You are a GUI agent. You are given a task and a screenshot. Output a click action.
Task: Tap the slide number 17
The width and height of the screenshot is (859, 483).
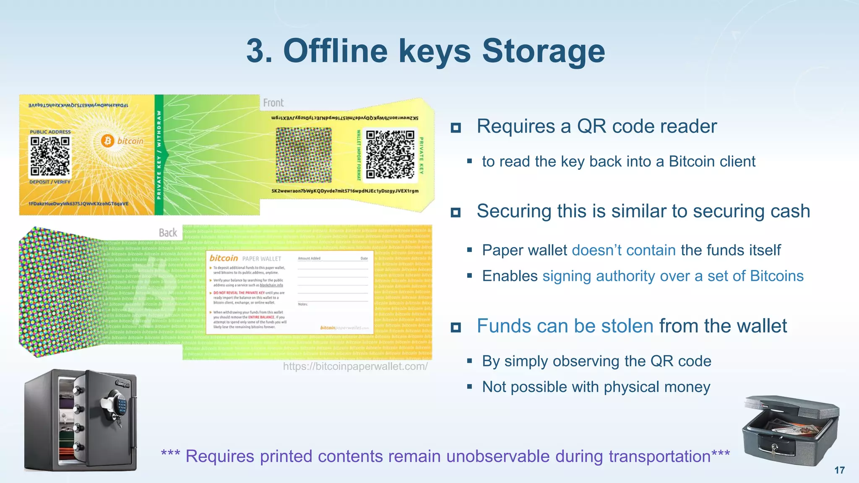click(839, 470)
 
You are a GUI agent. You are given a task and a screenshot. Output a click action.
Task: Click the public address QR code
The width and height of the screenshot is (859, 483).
click(50, 156)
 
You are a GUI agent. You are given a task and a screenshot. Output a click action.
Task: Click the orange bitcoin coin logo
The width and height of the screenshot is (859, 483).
click(108, 140)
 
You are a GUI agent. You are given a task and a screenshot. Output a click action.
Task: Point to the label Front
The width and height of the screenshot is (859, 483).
click(273, 103)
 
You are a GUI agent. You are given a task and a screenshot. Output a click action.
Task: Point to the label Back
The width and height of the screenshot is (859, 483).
click(168, 233)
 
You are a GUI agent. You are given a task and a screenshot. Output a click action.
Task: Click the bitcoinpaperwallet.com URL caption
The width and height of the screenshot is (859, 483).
click(355, 366)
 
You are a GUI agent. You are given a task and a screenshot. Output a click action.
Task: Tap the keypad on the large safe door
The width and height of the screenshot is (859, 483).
click(122, 405)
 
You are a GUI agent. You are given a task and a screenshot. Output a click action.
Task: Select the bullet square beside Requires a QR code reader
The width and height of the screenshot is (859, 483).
click(456, 127)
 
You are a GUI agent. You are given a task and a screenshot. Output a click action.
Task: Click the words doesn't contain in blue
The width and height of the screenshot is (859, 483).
click(623, 250)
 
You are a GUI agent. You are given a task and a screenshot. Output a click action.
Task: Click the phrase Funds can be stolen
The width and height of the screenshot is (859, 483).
click(565, 326)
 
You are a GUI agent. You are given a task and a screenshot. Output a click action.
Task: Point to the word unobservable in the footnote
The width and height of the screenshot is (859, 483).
click(497, 456)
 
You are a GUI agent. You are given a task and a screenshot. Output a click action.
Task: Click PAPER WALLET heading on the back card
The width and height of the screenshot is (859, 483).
click(261, 259)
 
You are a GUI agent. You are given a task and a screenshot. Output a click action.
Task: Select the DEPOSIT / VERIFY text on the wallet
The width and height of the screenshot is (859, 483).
click(49, 182)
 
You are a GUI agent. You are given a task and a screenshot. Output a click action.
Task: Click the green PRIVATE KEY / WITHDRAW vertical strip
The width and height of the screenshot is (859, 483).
click(159, 155)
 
